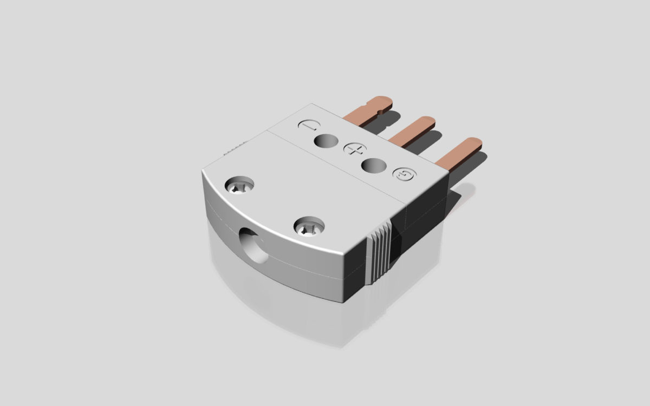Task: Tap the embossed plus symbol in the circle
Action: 353,149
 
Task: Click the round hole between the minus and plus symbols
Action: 327,141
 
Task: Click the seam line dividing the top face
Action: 336,165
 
